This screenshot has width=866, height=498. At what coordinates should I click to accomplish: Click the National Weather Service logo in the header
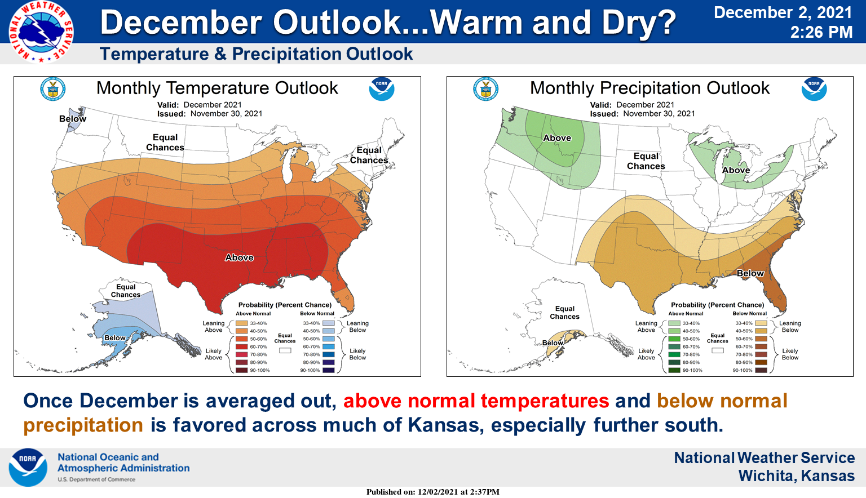tap(41, 31)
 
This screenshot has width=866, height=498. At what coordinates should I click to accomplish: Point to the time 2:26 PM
tap(821, 33)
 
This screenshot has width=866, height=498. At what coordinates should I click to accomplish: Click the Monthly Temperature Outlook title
tap(217, 88)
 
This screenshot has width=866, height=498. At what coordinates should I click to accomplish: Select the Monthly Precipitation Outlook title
tap(649, 88)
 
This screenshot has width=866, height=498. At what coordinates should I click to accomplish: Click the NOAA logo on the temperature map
tap(382, 89)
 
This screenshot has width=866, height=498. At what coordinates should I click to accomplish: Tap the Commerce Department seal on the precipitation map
tap(485, 89)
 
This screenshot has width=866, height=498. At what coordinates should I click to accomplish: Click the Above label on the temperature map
tap(239, 257)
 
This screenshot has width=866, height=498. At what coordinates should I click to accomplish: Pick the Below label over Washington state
tap(73, 119)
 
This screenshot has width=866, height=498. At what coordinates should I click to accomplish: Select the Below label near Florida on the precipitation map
tap(750, 273)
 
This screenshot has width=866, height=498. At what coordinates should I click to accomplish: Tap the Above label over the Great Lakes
tap(736, 170)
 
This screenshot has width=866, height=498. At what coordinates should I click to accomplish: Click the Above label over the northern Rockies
tap(557, 138)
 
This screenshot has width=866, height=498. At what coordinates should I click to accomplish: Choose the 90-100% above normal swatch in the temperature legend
tap(242, 370)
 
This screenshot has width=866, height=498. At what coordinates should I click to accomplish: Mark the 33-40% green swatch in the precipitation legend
tap(674, 323)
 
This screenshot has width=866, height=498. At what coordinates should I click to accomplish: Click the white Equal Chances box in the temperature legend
tap(285, 350)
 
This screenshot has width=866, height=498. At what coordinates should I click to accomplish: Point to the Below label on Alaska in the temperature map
tap(115, 338)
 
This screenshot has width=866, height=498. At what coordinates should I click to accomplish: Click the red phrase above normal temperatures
tap(476, 401)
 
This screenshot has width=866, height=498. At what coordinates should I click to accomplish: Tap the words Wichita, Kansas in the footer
tap(796, 476)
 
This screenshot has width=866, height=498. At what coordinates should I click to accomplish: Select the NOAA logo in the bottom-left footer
tap(28, 467)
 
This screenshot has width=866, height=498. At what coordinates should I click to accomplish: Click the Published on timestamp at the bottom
tap(432, 492)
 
